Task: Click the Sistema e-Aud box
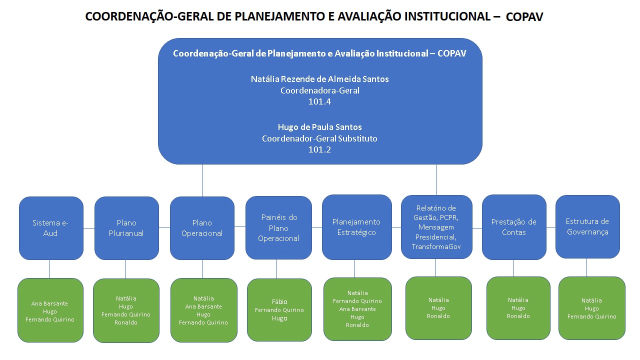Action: click(x=51, y=228)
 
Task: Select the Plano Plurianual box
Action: click(x=126, y=228)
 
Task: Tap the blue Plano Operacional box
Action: click(x=202, y=228)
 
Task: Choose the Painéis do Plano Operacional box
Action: click(x=278, y=228)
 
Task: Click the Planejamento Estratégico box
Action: click(x=356, y=227)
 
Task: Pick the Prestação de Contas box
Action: click(x=513, y=227)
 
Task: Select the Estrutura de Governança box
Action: click(x=587, y=226)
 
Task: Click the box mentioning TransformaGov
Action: click(x=436, y=227)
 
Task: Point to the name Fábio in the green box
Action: click(x=279, y=302)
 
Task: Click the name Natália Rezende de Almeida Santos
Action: click(x=319, y=79)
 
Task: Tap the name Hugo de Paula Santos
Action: click(x=319, y=127)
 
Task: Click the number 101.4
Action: click(x=319, y=101)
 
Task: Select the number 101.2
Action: click(x=319, y=149)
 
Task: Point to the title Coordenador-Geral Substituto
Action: click(x=319, y=138)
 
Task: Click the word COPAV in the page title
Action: click(x=524, y=17)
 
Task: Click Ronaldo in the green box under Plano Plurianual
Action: click(x=126, y=322)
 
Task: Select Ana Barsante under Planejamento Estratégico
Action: click(x=357, y=309)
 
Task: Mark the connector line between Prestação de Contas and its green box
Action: click(x=513, y=268)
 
